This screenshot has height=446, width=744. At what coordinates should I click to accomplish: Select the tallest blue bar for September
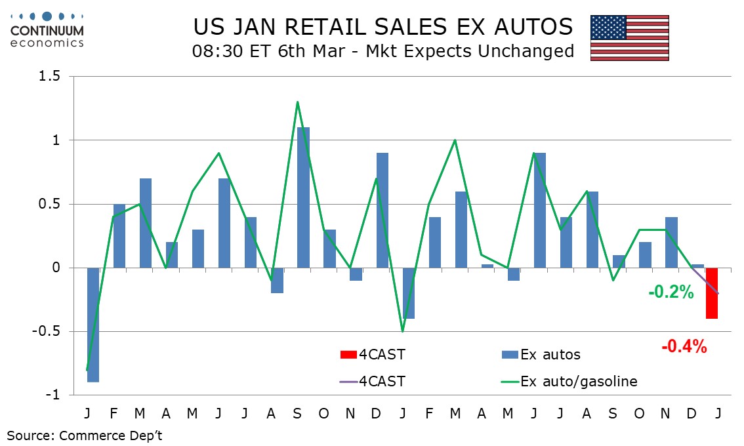point(303,197)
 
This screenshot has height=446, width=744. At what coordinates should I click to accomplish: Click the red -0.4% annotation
point(684,347)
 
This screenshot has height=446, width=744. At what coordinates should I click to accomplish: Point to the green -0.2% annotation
point(671,293)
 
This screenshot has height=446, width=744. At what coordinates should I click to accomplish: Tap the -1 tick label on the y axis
point(52,395)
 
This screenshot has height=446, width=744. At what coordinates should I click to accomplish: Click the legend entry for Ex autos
point(550,355)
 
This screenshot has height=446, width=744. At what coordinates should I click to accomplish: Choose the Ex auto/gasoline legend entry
point(578,381)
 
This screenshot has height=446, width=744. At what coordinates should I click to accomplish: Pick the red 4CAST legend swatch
point(348,355)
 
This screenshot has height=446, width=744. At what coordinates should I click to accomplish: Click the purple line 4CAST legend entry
point(372,381)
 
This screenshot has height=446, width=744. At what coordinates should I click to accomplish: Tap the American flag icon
point(629,37)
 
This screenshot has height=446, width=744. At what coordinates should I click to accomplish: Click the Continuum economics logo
point(47,29)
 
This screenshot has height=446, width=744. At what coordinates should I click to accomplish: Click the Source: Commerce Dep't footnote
point(85,436)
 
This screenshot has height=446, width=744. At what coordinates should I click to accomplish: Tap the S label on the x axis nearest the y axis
point(298,415)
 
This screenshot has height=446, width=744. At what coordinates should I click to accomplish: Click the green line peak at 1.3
point(297,102)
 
